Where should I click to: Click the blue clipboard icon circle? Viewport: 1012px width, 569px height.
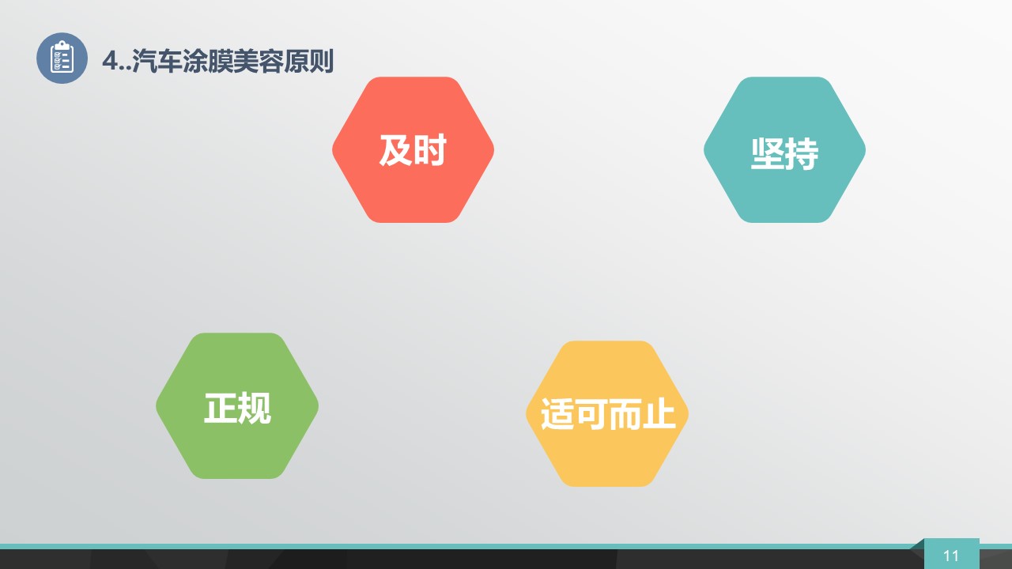pos(62,58)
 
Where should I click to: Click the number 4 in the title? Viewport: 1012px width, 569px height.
pos(111,61)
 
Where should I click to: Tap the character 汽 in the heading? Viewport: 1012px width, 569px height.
pos(145,61)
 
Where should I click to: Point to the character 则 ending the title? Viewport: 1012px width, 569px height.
pos(322,61)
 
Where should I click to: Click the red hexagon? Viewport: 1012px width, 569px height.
pos(413,149)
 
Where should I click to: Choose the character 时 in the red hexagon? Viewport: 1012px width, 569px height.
pos(430,150)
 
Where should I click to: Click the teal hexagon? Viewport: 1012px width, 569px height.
pos(785,149)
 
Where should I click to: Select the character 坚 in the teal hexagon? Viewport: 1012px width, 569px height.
pos(768,154)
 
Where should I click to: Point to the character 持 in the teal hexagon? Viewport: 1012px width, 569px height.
pos(802,154)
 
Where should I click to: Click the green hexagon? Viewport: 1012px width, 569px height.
pos(237,405)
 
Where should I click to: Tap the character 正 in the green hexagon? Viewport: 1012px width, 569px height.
pos(221,409)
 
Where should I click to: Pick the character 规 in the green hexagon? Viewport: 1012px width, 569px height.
pos(255,409)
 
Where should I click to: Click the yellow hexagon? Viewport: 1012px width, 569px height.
pos(607,413)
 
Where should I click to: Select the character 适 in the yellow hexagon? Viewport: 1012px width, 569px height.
pos(557,413)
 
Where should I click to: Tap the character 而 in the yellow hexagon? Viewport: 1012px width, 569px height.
pos(625,413)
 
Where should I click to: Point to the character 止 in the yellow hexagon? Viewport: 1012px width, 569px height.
pos(659,413)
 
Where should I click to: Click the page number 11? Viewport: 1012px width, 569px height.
pos(951,556)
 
